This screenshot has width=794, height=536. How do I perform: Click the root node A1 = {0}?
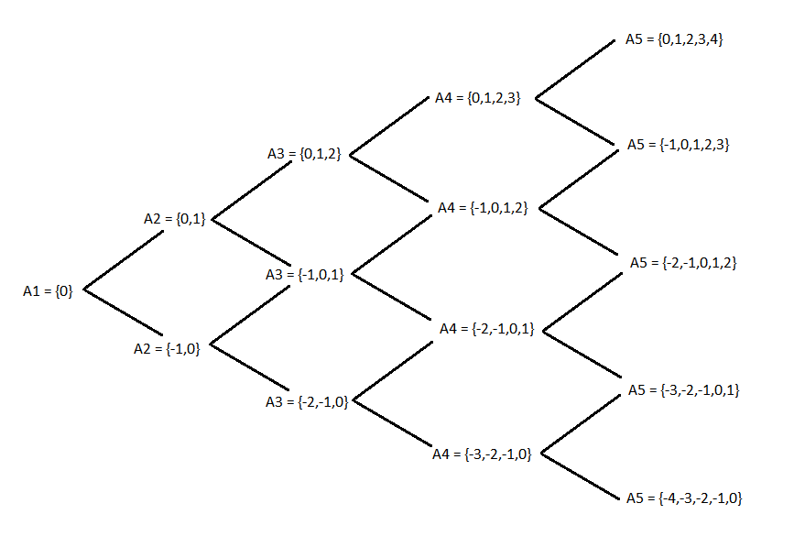point(47,290)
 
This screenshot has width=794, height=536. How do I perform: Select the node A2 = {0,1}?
point(175,218)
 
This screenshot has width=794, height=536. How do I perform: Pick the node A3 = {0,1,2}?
point(303,154)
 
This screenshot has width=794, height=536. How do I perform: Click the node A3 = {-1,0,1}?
point(305,274)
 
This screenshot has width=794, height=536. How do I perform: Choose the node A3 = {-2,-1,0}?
point(307,401)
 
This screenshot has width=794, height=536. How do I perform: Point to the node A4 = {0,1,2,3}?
point(478,97)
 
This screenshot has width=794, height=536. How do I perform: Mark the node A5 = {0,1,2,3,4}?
point(676,39)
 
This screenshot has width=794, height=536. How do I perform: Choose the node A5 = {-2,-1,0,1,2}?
point(683,263)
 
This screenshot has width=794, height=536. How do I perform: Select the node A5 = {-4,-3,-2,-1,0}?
point(684,498)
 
